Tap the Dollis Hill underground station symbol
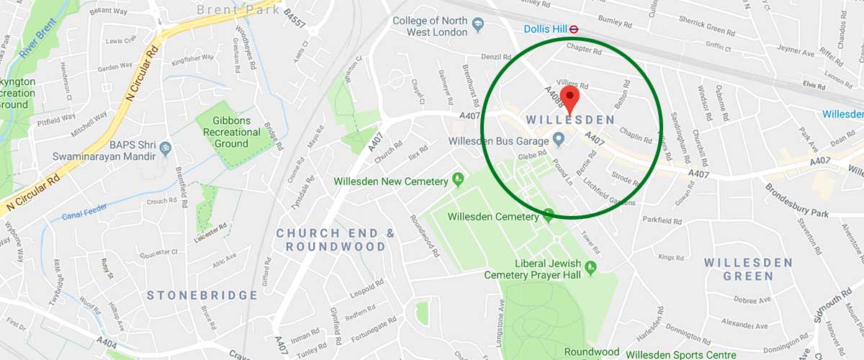(575, 30)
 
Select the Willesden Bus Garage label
(498, 140)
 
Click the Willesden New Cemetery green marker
(456, 178)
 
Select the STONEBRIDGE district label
(202, 295)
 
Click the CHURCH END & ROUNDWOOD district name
(336, 240)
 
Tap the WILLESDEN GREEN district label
(748, 269)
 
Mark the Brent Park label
(238, 10)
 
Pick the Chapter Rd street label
(584, 49)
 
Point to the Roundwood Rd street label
(425, 235)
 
